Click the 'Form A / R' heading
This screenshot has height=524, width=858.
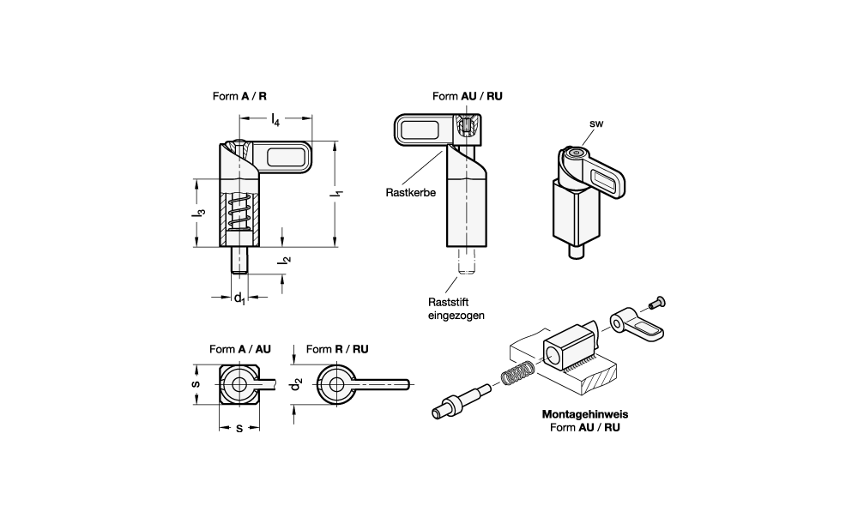tap(245, 97)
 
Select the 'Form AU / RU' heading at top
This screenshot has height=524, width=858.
tap(468, 97)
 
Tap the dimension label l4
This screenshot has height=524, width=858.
tap(275, 121)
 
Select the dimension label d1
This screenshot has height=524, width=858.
tap(240, 298)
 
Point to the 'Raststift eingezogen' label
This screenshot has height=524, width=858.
tap(456, 308)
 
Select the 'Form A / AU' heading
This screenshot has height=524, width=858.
tap(239, 349)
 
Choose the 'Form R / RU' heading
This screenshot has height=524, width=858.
tap(337, 349)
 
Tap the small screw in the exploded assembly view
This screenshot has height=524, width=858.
tap(657, 301)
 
